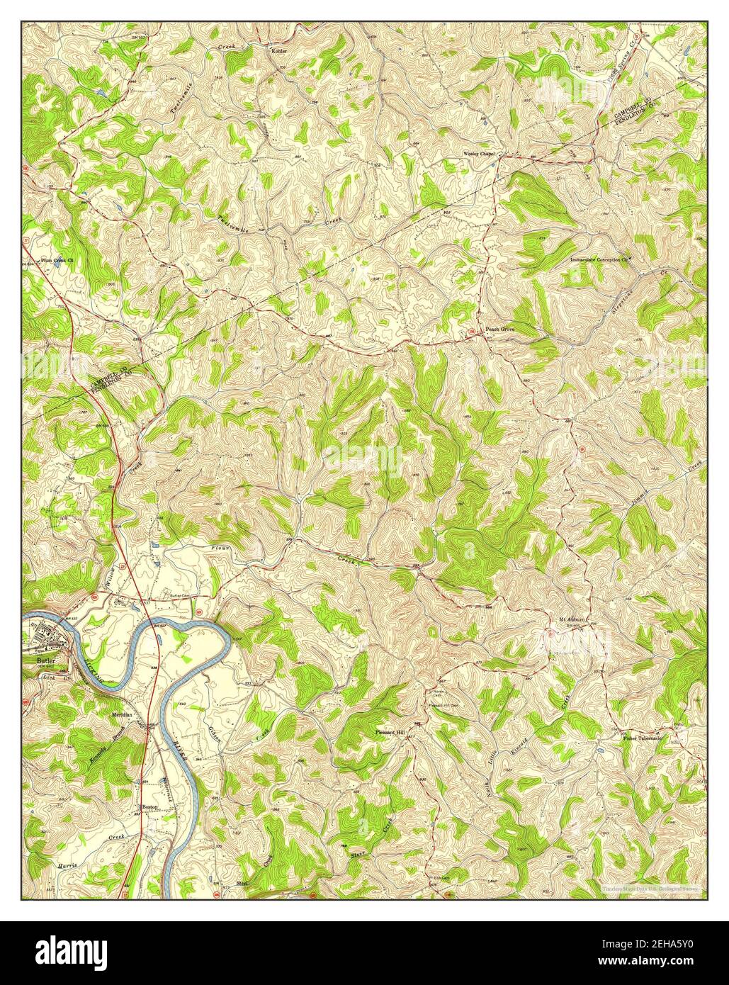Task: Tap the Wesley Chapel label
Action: coord(478,152)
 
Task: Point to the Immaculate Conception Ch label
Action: coord(599,260)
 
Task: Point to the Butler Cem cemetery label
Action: coord(178,596)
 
